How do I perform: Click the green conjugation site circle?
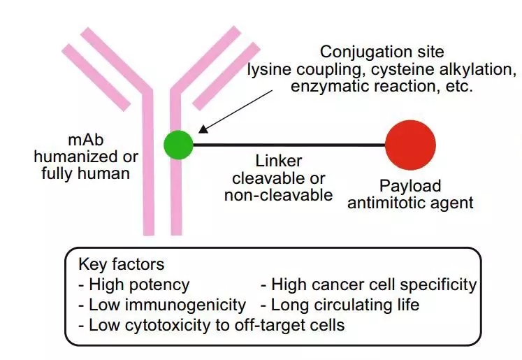179,144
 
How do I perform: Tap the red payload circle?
410,145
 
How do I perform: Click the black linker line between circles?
287,145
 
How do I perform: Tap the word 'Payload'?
410,187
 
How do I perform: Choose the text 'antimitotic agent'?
410,203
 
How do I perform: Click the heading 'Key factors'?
122,265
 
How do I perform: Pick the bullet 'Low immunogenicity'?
162,305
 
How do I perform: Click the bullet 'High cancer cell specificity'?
368,285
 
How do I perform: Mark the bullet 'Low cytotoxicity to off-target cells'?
212,325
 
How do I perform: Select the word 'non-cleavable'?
278,195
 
